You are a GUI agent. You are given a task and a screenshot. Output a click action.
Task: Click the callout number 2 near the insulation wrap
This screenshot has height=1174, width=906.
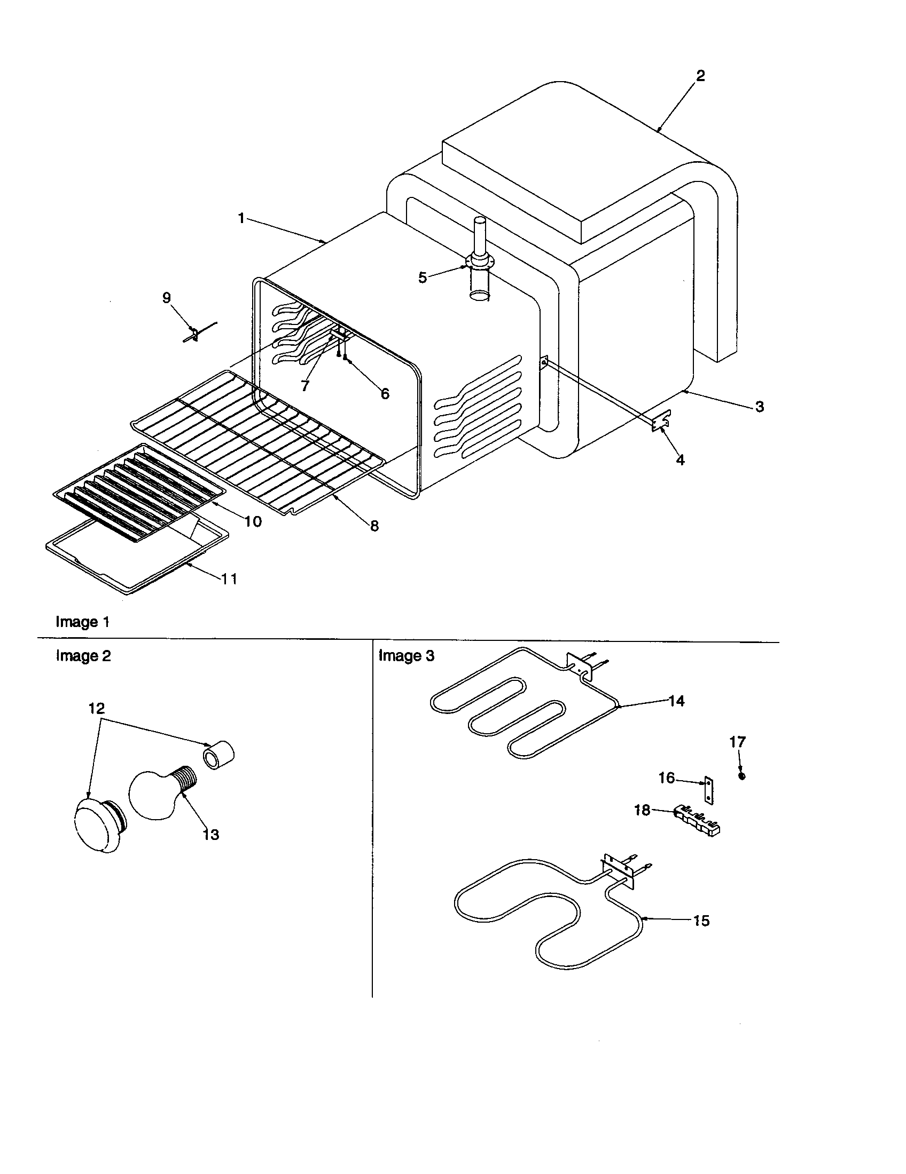[700, 76]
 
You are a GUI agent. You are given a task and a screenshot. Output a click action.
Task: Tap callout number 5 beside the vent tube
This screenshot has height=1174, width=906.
[423, 277]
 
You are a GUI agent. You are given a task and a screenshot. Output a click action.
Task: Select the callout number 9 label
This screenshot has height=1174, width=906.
[167, 297]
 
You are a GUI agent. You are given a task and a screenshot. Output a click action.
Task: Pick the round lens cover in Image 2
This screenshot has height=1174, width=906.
[96, 827]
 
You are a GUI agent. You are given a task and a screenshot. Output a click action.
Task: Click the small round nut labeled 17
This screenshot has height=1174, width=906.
[742, 776]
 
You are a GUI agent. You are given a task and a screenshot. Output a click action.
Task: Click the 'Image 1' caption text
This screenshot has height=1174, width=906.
[82, 622]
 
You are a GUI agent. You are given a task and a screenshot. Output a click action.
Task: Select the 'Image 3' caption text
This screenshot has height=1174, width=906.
[406, 656]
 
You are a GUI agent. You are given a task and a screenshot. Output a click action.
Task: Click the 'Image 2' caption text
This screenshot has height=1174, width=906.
[83, 656]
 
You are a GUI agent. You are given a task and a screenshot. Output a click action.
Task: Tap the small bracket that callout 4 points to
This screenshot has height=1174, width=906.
[661, 421]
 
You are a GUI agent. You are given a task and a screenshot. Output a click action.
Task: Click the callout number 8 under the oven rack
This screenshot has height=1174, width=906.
[374, 526]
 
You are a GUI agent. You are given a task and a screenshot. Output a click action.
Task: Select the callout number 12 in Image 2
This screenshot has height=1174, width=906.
[96, 709]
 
